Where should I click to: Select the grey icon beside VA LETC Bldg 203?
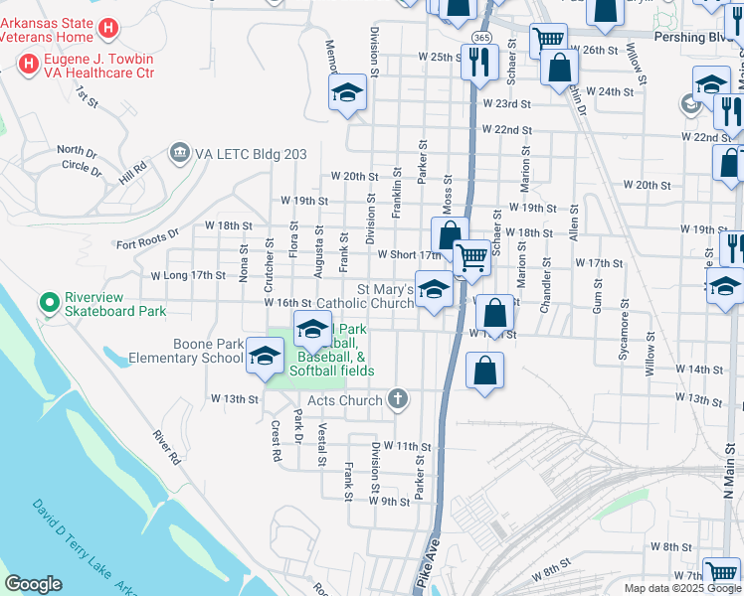coord(180,153)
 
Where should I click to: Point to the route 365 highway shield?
coord(481,37)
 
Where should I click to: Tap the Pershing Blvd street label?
coord(690,35)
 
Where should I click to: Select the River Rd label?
coord(166,448)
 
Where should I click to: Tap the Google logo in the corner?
coord(33,584)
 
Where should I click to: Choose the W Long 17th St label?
coord(189,275)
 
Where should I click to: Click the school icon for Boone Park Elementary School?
coord(264,356)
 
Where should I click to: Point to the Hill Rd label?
coord(132,174)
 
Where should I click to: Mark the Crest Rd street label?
coord(276,441)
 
